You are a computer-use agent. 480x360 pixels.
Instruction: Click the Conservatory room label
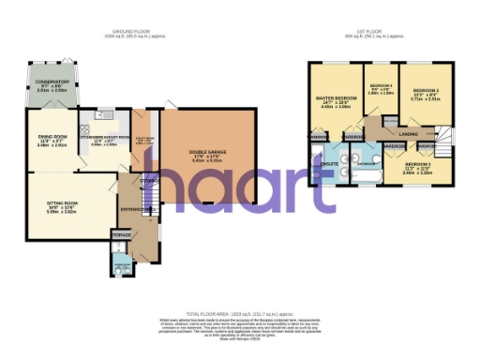tap(54, 82)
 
